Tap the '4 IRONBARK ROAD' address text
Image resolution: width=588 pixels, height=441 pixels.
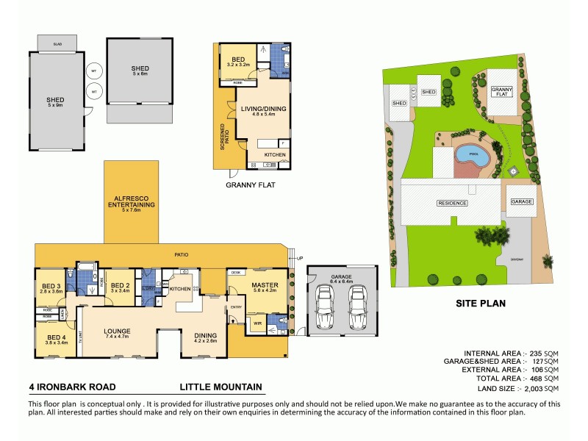[x=71, y=386]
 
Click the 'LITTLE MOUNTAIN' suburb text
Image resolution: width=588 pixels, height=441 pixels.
[x=220, y=386]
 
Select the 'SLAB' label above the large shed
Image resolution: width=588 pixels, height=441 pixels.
[x=57, y=45]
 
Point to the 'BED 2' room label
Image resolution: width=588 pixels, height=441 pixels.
[x=119, y=286]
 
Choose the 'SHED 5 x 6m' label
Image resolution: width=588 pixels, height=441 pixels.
[x=140, y=71]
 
